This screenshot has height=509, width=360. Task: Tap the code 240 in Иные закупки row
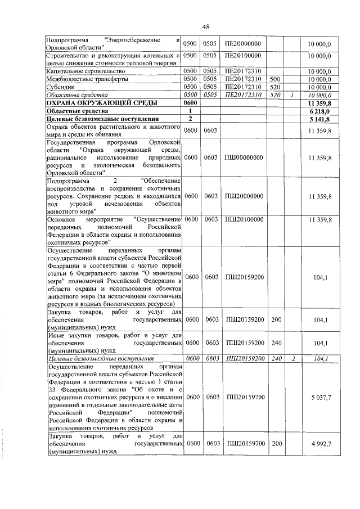pyautogui.click(x=276, y=343)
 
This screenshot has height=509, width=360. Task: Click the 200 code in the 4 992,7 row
pyautogui.click(x=276, y=444)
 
